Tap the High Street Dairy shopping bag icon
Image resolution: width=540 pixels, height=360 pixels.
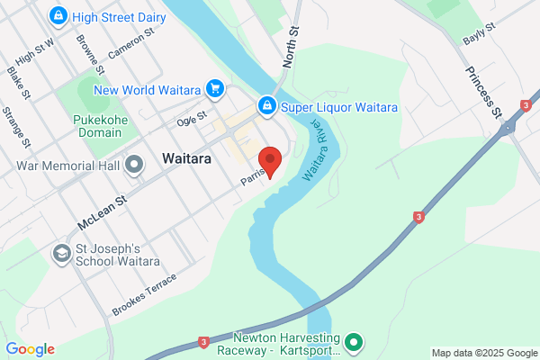(58, 15)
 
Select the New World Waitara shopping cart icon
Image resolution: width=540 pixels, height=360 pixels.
(214, 88)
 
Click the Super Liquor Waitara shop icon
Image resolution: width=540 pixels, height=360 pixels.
(267, 106)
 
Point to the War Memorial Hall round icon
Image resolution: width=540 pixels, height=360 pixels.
(135, 165)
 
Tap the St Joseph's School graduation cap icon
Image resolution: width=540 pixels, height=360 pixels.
(62, 254)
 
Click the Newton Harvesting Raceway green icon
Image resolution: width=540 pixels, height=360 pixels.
(354, 341)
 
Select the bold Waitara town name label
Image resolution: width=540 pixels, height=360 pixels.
(186, 158)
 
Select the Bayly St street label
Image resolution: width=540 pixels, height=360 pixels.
(479, 35)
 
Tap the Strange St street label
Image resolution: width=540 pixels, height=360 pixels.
(17, 128)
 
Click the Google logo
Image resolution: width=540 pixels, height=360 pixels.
(30, 349)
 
